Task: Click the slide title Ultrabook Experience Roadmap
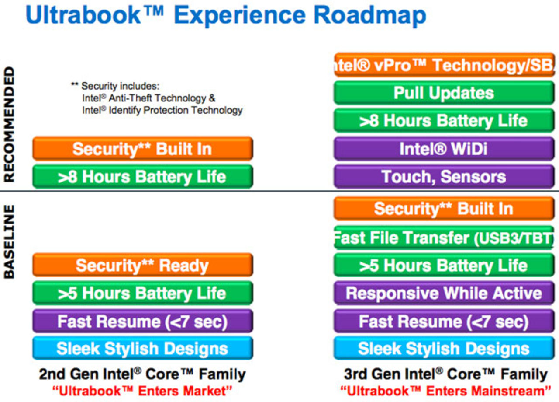point(226,15)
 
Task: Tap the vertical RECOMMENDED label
point(9,125)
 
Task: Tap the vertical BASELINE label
point(9,241)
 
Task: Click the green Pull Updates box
point(444,93)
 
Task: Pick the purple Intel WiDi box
point(444,149)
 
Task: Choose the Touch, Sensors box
point(444,177)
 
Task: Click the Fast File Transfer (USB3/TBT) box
point(444,238)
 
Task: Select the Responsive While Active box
point(444,293)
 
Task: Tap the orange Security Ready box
point(142,265)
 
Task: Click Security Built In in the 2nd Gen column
point(142,149)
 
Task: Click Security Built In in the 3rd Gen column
point(444,209)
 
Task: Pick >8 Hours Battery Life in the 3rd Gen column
point(444,121)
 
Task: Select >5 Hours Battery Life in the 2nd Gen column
point(142,293)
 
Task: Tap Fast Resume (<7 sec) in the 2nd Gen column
point(142,322)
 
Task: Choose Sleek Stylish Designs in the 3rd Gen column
point(444,349)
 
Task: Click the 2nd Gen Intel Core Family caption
point(142,374)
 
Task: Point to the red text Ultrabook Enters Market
point(142,391)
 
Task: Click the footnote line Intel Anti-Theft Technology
point(148,98)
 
